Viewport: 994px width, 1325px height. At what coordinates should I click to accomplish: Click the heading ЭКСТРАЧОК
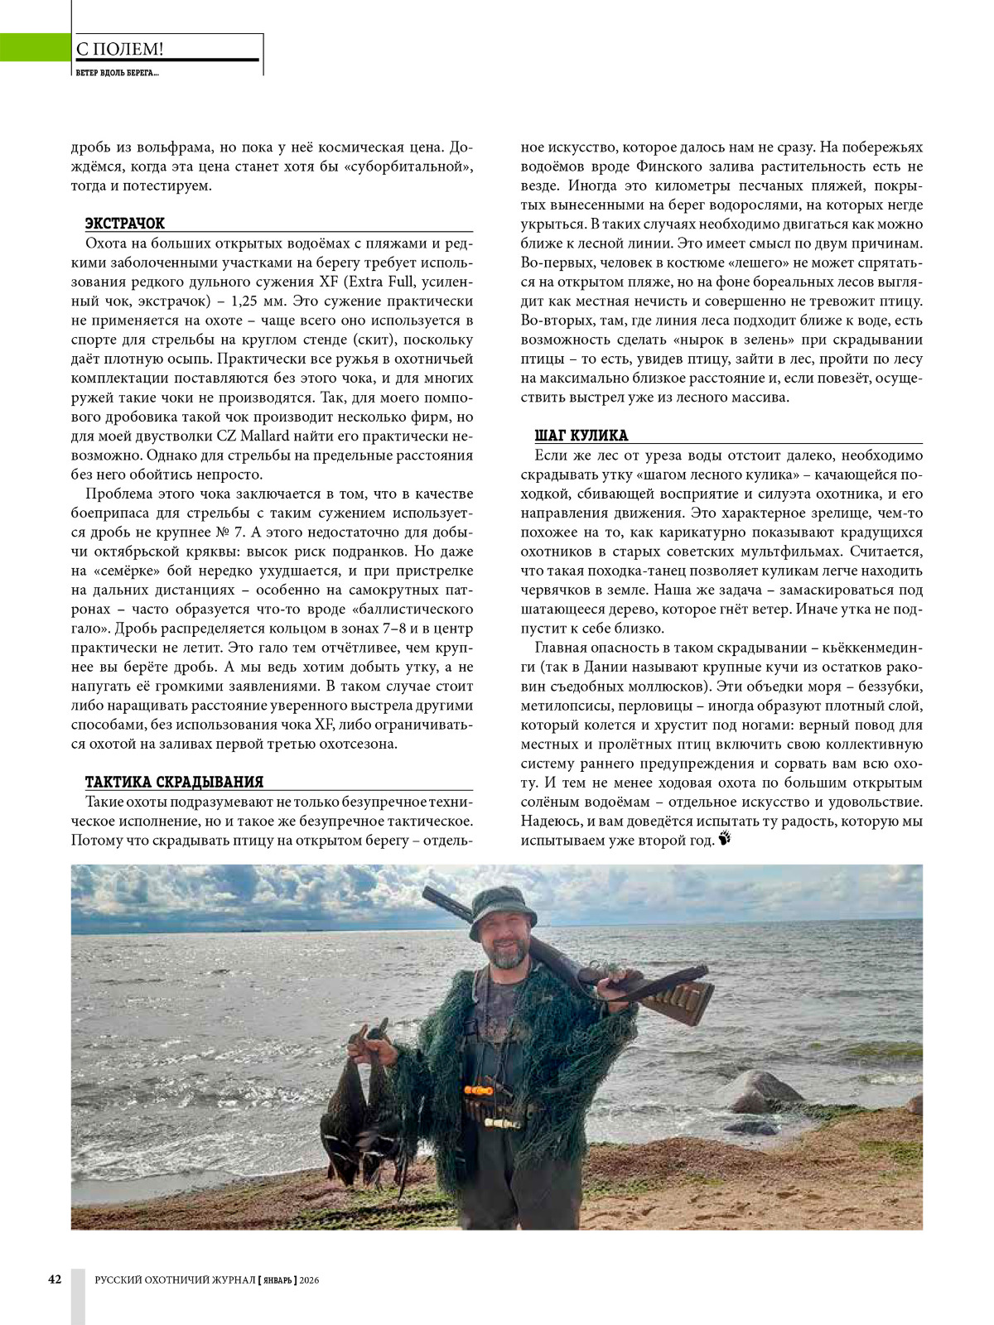point(125,224)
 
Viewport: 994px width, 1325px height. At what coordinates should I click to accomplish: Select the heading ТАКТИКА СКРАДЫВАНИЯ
point(174,783)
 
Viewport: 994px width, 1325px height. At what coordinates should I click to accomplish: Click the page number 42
point(55,1279)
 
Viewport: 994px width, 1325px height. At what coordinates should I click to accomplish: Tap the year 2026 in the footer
point(310,1280)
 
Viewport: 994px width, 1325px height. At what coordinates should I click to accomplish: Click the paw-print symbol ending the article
point(726,840)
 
